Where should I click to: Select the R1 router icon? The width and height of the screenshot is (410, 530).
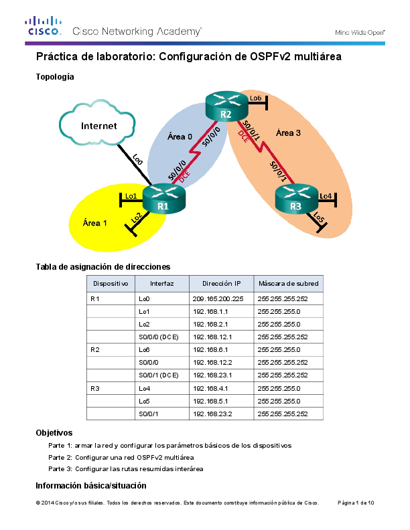[x=163, y=199]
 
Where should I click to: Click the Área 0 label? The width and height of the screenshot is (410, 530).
[x=180, y=137]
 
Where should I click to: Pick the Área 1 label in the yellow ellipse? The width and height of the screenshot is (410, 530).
[x=94, y=223]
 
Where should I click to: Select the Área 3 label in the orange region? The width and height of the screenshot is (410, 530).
[x=289, y=132]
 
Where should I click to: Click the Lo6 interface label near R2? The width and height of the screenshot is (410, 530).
[x=255, y=98]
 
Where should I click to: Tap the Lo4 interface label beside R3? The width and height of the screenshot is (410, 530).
[x=326, y=195]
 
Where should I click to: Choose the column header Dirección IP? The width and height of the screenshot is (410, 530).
[x=220, y=283]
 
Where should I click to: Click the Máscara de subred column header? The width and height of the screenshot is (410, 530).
[x=288, y=283]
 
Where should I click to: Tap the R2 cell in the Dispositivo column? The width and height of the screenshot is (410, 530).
[x=94, y=349]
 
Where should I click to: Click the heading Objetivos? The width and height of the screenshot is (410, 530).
[x=54, y=433]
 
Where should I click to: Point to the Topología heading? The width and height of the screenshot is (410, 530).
[x=54, y=77]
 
